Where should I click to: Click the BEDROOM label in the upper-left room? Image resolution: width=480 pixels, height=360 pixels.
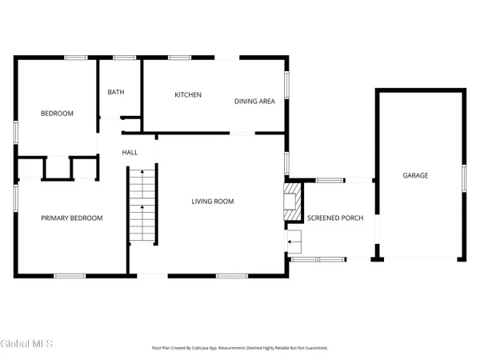(x=57, y=114)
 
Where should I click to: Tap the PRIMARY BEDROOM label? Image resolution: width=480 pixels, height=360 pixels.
(x=72, y=218)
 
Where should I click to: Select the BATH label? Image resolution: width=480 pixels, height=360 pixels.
(x=116, y=92)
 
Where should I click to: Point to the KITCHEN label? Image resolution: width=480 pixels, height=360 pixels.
(x=188, y=95)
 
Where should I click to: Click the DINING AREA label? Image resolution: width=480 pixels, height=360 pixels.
(x=254, y=102)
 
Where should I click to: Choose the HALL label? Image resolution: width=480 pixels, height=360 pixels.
(x=130, y=152)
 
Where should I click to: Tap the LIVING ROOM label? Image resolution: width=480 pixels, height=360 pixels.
(x=212, y=202)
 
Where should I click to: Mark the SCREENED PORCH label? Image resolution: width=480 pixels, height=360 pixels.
(x=330, y=218)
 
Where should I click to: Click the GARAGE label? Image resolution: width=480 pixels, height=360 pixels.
(x=415, y=175)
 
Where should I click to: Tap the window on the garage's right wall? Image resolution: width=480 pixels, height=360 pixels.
(x=463, y=175)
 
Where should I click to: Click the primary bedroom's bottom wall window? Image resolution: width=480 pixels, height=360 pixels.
(x=70, y=276)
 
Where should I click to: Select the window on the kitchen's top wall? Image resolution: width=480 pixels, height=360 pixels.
(x=179, y=57)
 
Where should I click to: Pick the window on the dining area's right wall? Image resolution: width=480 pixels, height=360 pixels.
(x=286, y=83)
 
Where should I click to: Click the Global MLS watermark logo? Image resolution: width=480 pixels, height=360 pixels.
(x=26, y=345)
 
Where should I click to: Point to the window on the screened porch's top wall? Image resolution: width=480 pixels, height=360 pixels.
(x=329, y=180)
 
